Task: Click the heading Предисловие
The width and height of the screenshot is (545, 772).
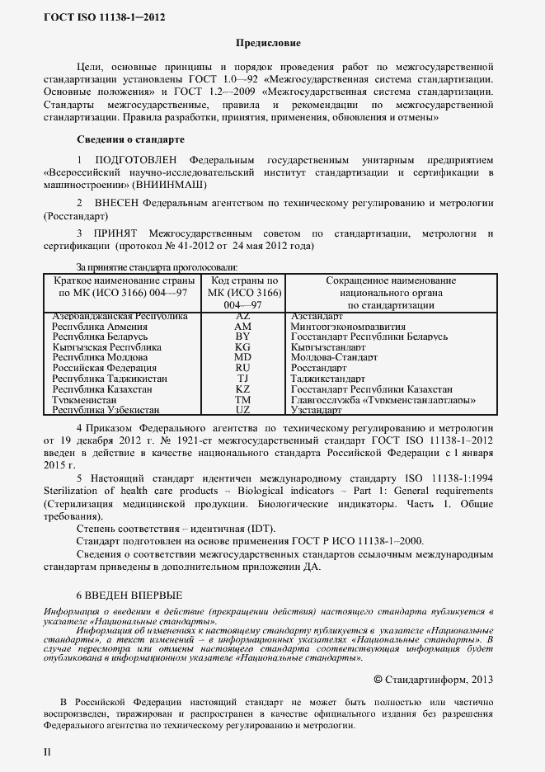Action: (x=269, y=42)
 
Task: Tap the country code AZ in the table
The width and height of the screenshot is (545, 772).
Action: (x=242, y=316)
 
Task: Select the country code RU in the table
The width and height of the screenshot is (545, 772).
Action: (x=242, y=368)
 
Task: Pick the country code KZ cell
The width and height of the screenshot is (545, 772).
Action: (x=242, y=388)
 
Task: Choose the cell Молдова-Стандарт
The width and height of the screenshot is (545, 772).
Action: (x=334, y=358)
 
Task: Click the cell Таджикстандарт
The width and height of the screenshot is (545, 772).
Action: (x=329, y=379)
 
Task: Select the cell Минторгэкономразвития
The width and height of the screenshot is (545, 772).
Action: (x=345, y=327)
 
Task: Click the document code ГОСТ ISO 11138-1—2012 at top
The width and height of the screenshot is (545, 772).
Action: (x=98, y=16)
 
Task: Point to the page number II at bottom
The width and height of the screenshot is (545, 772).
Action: (x=47, y=752)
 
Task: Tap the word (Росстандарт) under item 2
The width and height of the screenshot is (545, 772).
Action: (x=74, y=214)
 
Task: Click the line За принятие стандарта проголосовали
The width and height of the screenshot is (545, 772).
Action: (x=157, y=266)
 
